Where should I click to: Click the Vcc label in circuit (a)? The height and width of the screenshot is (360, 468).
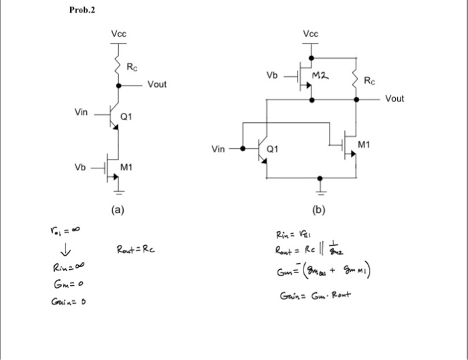tap(118, 33)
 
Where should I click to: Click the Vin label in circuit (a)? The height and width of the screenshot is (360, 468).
tap(81, 112)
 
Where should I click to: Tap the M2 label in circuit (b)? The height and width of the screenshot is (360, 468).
tap(323, 77)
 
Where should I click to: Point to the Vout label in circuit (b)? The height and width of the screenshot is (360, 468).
tap(394, 98)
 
